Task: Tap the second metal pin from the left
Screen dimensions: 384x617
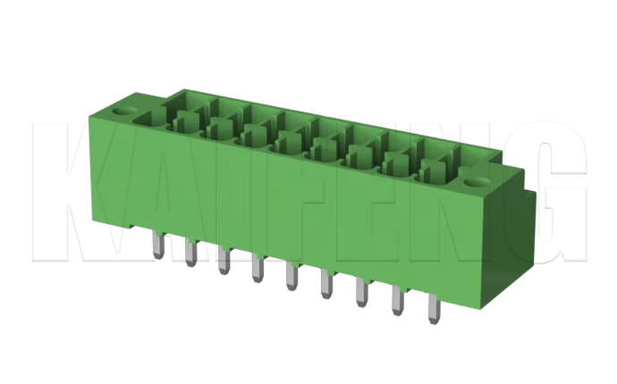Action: point(189,251)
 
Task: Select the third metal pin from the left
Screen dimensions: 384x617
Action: point(222,259)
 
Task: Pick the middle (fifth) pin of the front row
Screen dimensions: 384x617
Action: point(291,277)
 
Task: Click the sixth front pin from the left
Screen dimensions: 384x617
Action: point(325,286)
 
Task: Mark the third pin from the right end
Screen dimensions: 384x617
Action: point(361,295)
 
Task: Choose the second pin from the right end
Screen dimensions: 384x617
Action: point(398,304)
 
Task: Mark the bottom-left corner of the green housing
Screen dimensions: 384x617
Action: point(90,217)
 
